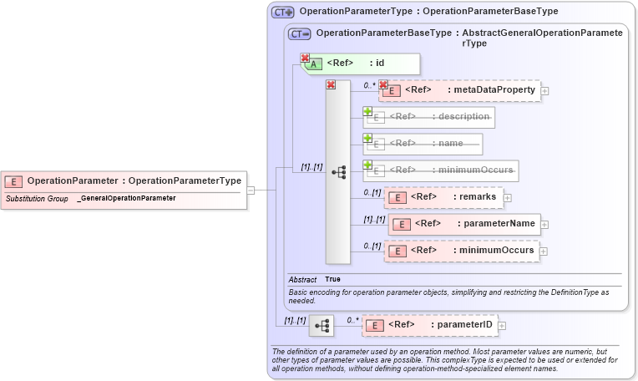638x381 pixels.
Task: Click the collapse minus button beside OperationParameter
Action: click(251, 190)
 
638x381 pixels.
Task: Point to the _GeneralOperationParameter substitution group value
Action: click(126, 198)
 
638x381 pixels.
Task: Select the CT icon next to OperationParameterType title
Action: click(283, 12)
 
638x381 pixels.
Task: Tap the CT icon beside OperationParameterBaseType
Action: click(299, 34)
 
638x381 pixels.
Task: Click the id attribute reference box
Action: click(361, 63)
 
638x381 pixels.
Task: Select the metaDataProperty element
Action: click(460, 90)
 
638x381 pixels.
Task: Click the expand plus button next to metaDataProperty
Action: click(544, 91)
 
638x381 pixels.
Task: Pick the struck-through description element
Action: click(429, 117)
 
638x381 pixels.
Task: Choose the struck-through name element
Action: click(423, 144)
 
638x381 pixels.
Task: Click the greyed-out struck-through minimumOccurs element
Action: click(441, 170)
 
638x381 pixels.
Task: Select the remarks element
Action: click(443, 197)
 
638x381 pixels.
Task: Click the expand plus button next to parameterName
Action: click(544, 224)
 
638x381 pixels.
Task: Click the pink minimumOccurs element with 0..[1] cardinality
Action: click(462, 250)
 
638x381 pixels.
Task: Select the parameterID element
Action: click(429, 325)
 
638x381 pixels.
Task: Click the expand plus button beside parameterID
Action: click(502, 326)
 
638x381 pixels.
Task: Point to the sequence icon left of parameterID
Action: click(322, 325)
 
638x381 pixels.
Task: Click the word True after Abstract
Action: click(332, 279)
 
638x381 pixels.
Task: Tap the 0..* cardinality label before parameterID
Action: click(352, 319)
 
